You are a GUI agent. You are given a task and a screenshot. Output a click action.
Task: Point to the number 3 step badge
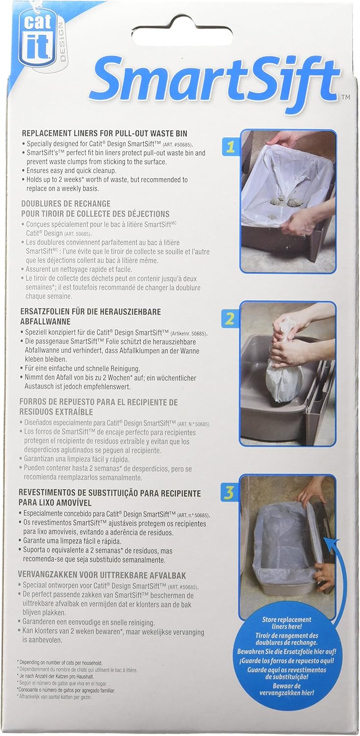click(229, 493)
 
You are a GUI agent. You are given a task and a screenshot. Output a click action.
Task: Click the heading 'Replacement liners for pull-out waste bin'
click(104, 133)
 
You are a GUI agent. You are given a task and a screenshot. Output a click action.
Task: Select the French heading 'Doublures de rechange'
click(66, 204)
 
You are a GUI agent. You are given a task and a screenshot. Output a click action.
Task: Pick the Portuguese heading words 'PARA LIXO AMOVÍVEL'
click(55, 503)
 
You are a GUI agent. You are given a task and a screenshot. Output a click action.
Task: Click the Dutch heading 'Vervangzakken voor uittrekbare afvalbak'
click(102, 576)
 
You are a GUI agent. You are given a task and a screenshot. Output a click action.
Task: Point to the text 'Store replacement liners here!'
click(286, 623)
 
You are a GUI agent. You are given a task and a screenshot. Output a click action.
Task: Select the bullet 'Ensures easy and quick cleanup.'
click(72, 171)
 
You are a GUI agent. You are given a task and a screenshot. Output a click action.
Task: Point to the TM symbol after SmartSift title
click(346, 97)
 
